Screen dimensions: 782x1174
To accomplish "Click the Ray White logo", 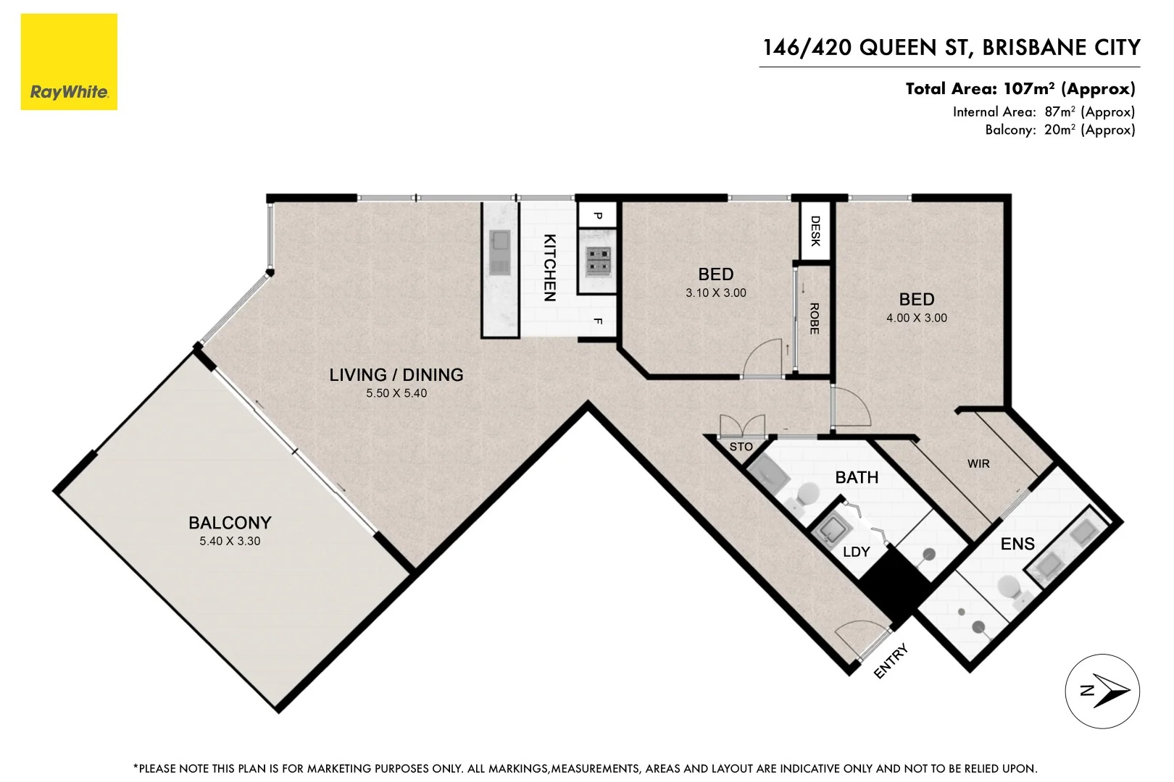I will pyautogui.click(x=69, y=62).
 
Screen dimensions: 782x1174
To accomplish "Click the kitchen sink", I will pyautogui.click(x=499, y=252).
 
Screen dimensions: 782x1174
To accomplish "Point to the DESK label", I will pyautogui.click(x=815, y=231).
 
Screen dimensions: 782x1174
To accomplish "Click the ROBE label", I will pyautogui.click(x=814, y=319).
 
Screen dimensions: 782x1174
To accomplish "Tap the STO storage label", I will pyautogui.click(x=741, y=447).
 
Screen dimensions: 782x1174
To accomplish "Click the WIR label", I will pyautogui.click(x=978, y=463).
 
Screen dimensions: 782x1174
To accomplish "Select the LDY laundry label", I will pyautogui.click(x=856, y=552).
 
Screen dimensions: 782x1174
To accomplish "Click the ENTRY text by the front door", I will pyautogui.click(x=891, y=662).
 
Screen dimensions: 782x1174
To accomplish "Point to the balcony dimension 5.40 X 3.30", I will pyautogui.click(x=230, y=541).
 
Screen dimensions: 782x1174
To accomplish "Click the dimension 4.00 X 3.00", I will pyautogui.click(x=916, y=318).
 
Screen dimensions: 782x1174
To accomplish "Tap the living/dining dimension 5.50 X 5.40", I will pyautogui.click(x=396, y=393).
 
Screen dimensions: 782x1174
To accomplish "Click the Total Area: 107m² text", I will pyautogui.click(x=1020, y=89).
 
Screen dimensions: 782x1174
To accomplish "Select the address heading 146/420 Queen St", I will pyautogui.click(x=951, y=48).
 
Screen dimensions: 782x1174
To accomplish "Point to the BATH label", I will pyautogui.click(x=857, y=477).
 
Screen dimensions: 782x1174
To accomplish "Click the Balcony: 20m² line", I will pyautogui.click(x=1059, y=130).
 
